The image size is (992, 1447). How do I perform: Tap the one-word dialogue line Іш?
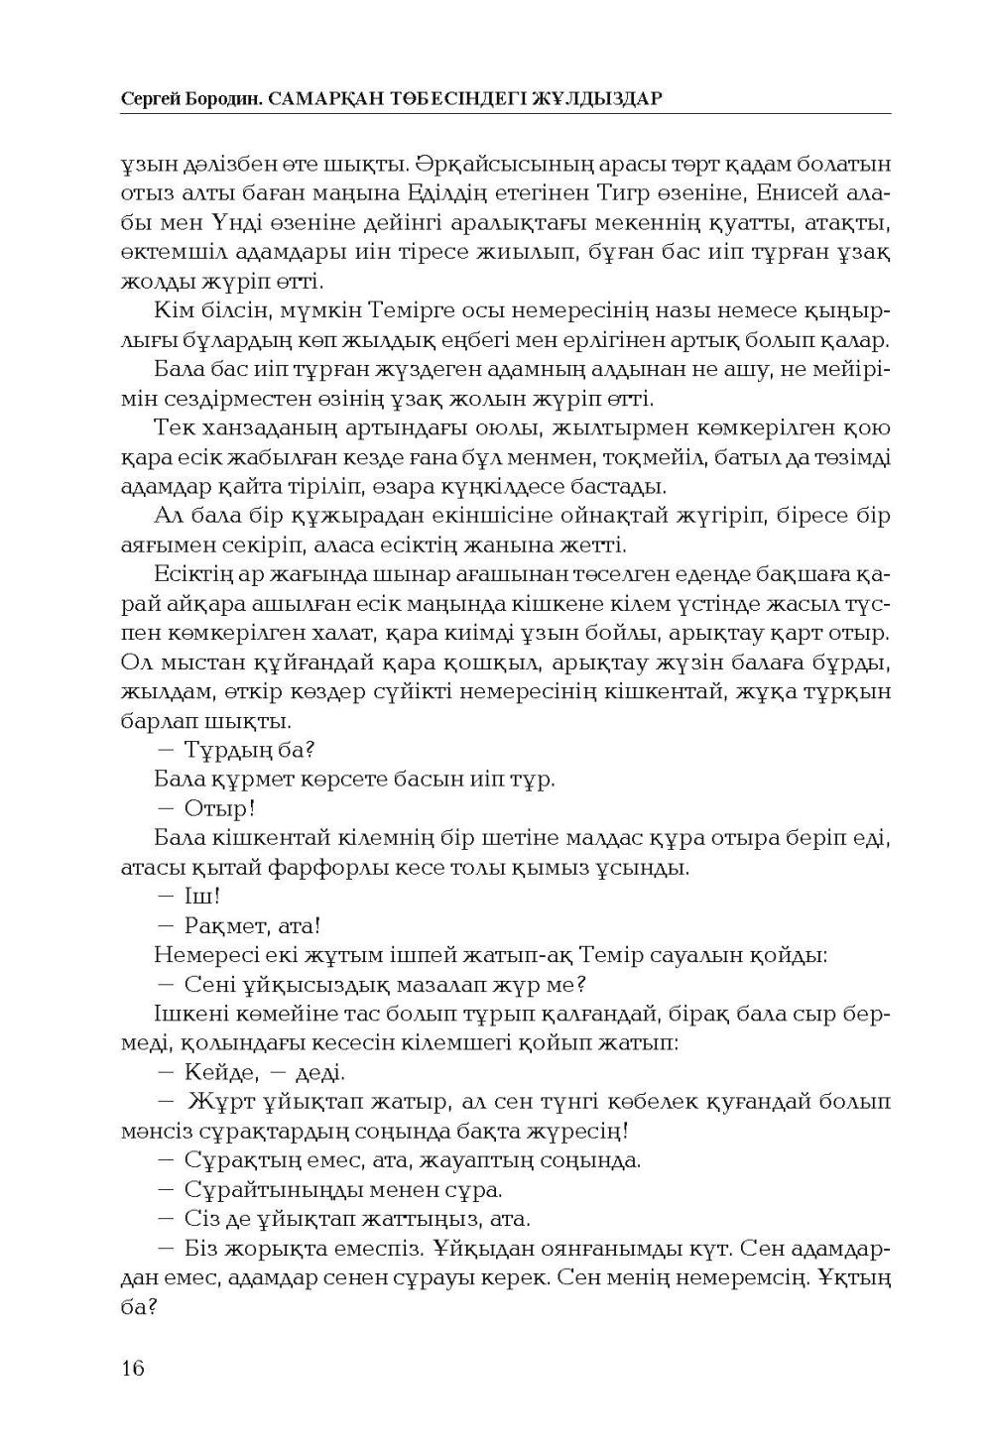pos(201,896)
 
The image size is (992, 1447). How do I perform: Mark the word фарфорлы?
pos(327,868)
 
